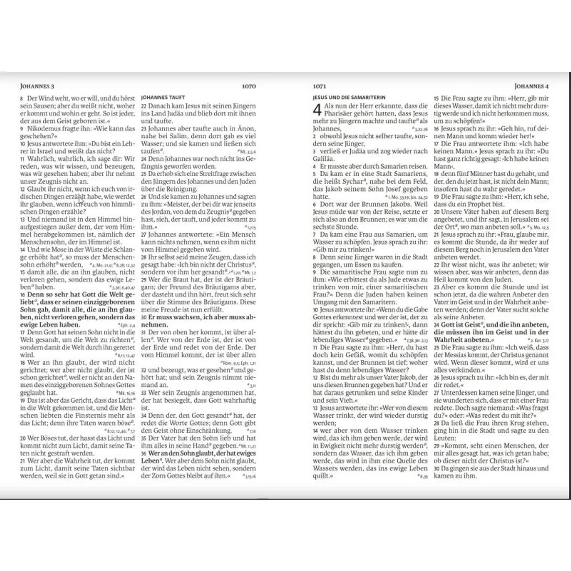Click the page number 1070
(249, 86)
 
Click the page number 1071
(319, 86)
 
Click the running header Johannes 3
(37, 86)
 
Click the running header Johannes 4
(531, 86)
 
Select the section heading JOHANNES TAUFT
(163, 98)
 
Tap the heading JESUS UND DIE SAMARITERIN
(349, 98)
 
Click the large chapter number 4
(317, 110)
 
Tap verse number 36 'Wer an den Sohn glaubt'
(144, 454)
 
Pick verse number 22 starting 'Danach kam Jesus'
(144, 106)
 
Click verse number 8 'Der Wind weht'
(22, 99)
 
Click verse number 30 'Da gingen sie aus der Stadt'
(436, 469)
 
